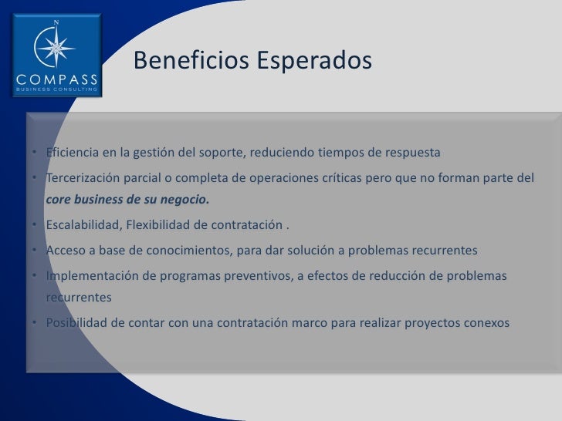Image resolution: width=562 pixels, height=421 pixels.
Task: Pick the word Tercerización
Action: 83,178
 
